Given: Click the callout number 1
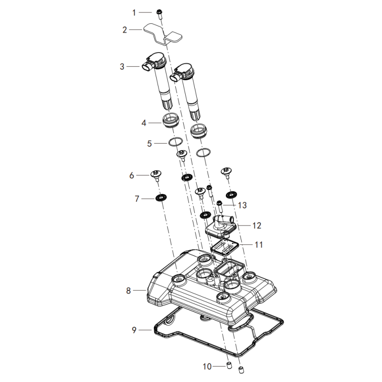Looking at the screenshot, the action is tap(134, 12).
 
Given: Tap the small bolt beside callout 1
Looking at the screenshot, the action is tap(159, 14).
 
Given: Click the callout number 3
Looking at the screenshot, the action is tap(122, 66).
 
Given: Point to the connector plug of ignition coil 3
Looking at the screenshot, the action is tap(147, 66).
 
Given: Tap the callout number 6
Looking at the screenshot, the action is tap(132, 175).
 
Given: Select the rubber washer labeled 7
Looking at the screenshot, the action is tap(161, 198).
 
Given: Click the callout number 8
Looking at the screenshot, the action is tap(128, 290).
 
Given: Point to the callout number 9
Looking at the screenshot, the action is tap(134, 330).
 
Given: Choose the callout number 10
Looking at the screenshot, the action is tap(207, 366).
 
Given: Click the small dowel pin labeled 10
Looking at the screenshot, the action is tap(229, 365).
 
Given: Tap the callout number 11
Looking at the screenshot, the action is tap(259, 244).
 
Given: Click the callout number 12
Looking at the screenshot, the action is tap(257, 225).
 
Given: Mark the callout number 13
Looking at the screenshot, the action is tap(242, 205).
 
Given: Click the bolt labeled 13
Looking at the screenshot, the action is tap(220, 206).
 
